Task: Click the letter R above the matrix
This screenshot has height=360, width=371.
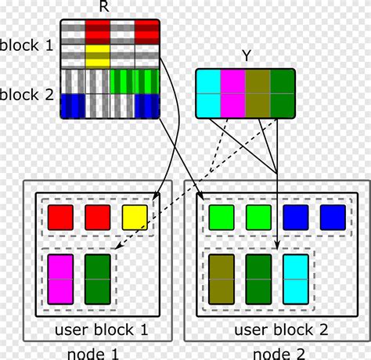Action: tap(104, 8)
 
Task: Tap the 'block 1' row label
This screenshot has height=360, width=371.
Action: tap(27, 45)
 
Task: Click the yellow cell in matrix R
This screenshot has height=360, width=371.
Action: tap(98, 55)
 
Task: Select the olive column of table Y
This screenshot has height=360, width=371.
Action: tap(259, 94)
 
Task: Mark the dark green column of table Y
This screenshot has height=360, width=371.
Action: tap(283, 94)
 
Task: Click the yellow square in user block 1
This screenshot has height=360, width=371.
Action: tap(134, 218)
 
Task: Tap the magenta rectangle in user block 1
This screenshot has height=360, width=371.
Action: tap(60, 278)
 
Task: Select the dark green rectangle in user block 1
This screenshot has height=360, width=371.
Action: tap(96, 278)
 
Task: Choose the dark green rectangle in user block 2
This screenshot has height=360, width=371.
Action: tap(259, 278)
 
